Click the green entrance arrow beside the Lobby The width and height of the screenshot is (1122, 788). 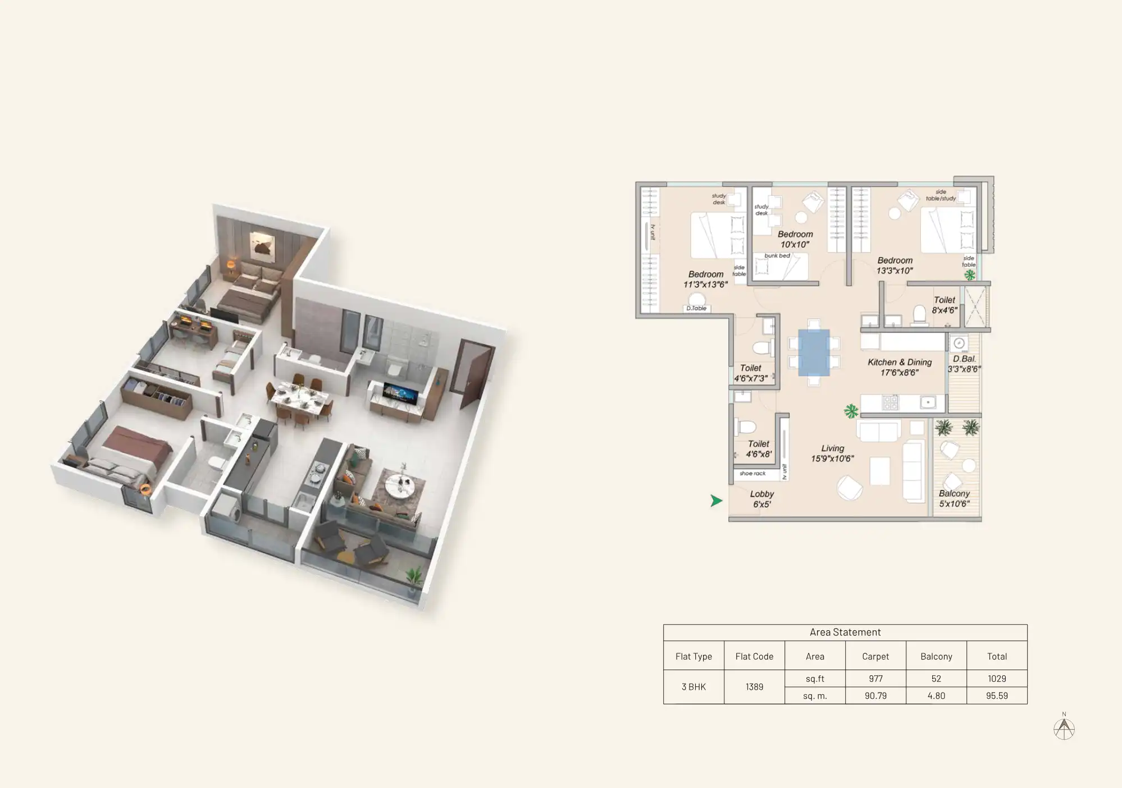click(716, 501)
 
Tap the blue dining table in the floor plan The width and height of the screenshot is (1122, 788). click(814, 352)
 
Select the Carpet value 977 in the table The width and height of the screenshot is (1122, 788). click(875, 679)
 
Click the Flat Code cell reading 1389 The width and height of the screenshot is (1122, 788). click(754, 687)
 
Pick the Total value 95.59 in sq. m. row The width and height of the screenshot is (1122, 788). click(997, 696)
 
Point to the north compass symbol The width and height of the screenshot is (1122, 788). click(1064, 729)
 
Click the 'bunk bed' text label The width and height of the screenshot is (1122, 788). click(777, 256)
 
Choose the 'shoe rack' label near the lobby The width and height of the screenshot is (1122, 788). click(752, 474)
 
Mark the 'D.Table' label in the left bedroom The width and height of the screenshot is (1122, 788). click(696, 308)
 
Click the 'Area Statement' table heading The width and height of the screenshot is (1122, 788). click(845, 633)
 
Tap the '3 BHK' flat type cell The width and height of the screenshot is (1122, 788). click(694, 687)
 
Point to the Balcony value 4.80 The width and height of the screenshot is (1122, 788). click(936, 696)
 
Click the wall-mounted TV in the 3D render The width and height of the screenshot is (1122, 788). click(400, 393)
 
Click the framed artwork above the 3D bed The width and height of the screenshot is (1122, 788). click(262, 245)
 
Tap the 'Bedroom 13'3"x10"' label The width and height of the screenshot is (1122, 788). click(895, 265)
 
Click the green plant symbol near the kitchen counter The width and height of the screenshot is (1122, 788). click(851, 411)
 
